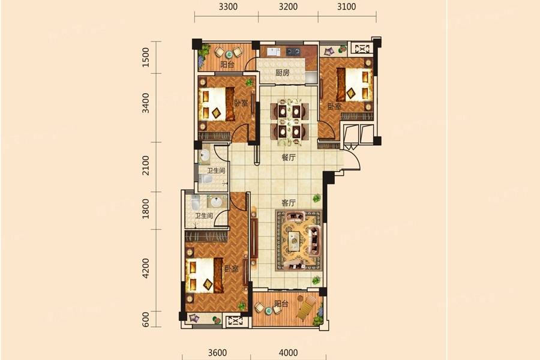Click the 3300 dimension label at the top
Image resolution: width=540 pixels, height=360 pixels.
(228, 7)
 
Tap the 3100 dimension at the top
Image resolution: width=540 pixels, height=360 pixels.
(346, 7)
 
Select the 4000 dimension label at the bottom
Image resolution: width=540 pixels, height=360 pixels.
(288, 353)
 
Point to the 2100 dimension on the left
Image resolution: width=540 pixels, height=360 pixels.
(146, 166)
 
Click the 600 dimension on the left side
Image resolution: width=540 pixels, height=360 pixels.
(146, 320)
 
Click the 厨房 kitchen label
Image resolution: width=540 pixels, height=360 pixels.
(282, 73)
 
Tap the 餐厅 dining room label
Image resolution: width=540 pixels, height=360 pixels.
(288, 157)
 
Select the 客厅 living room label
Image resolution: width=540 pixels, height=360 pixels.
(288, 203)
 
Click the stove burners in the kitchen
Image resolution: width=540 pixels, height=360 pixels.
(293, 52)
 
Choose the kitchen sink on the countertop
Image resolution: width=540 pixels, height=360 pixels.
(274, 52)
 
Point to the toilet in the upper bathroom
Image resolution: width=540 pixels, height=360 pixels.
(206, 179)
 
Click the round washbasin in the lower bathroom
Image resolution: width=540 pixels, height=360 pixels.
(217, 202)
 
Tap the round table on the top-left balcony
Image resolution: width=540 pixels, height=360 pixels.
(229, 55)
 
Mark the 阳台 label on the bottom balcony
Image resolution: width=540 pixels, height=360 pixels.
(281, 304)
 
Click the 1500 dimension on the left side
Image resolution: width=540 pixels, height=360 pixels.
(146, 57)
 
